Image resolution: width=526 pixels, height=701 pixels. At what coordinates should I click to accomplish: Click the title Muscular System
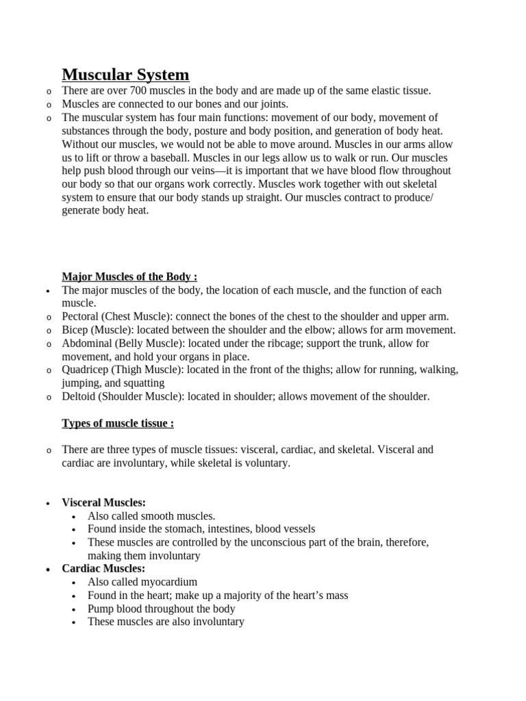pyautogui.click(x=125, y=74)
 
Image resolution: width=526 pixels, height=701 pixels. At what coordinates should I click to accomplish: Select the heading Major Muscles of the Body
pyautogui.click(x=129, y=277)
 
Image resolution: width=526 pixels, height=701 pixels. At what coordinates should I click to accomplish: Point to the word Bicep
pyautogui.click(x=75, y=330)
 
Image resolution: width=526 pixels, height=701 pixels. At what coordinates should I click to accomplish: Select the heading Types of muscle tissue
pyautogui.click(x=117, y=423)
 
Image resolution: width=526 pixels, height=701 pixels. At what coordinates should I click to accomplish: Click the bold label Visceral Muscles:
pyautogui.click(x=103, y=502)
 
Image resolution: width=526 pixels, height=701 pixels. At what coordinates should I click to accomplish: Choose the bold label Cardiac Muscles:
pyautogui.click(x=103, y=569)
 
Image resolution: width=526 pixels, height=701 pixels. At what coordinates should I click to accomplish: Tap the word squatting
pyautogui.click(x=145, y=383)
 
